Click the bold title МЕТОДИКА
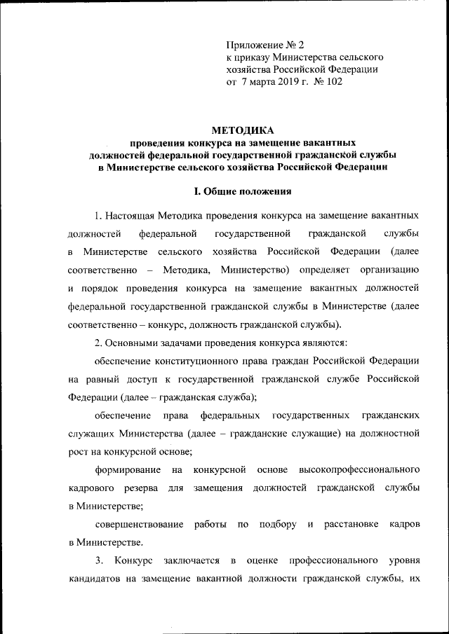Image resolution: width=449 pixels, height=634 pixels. (242, 130)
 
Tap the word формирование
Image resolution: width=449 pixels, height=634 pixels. (127, 469)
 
